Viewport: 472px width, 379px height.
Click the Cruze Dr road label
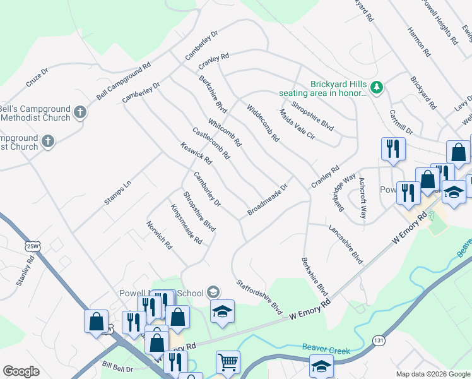(37, 78)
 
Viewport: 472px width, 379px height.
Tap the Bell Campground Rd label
(124, 81)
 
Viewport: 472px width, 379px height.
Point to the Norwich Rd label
(159, 234)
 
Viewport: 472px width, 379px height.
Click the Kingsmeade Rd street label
(186, 224)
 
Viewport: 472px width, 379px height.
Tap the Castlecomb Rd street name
(211, 143)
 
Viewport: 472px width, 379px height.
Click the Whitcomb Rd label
(224, 133)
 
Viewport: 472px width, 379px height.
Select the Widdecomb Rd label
(263, 123)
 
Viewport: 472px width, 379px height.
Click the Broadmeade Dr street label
(268, 199)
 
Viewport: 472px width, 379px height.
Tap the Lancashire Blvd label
(346, 243)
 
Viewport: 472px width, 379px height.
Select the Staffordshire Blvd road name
(259, 297)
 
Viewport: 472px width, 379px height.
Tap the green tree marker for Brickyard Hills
(377, 87)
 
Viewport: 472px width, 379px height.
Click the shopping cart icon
(228, 362)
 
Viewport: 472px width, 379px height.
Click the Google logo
(21, 371)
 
